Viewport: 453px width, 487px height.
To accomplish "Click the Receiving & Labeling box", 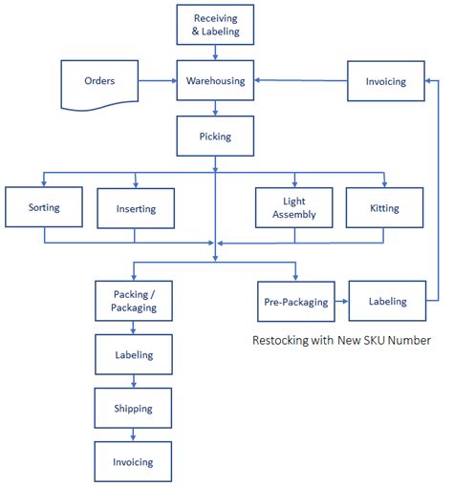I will pyautogui.click(x=216, y=25).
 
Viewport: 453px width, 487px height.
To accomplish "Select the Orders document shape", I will pyautogui.click(x=99, y=81).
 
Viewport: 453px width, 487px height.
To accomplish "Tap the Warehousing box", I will pyautogui.click(x=216, y=81).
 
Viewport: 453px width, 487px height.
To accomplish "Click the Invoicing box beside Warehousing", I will pyautogui.click(x=385, y=81).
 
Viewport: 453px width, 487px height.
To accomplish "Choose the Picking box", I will pyautogui.click(x=216, y=136).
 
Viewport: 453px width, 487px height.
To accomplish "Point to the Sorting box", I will pyautogui.click(x=44, y=207).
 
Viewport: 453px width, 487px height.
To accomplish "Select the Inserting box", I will pyautogui.click(x=136, y=207).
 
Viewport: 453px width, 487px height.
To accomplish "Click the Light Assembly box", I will pyautogui.click(x=293, y=207).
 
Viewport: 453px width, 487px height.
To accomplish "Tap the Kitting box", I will pyautogui.click(x=384, y=207).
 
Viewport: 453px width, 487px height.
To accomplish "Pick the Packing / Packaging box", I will pyautogui.click(x=135, y=301).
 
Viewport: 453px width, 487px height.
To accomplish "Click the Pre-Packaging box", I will pyautogui.click(x=295, y=302).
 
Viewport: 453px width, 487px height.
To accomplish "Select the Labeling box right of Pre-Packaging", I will pyautogui.click(x=387, y=301).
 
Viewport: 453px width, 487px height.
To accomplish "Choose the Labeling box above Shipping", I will pyautogui.click(x=135, y=355).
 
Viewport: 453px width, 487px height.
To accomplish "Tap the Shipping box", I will pyautogui.click(x=135, y=409).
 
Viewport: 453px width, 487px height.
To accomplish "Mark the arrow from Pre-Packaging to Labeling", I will pyautogui.click(x=341, y=302).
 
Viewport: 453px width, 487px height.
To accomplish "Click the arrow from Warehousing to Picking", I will pyautogui.click(x=216, y=108).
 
